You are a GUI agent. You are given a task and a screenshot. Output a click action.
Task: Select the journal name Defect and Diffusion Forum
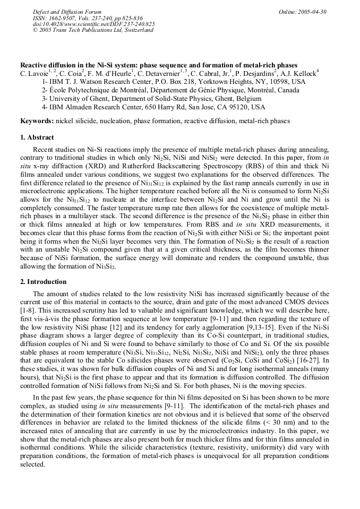coord(67,12)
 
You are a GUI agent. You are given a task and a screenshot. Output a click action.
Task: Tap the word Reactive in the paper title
coord(34,65)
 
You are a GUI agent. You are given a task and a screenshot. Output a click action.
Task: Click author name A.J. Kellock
coord(301,73)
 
